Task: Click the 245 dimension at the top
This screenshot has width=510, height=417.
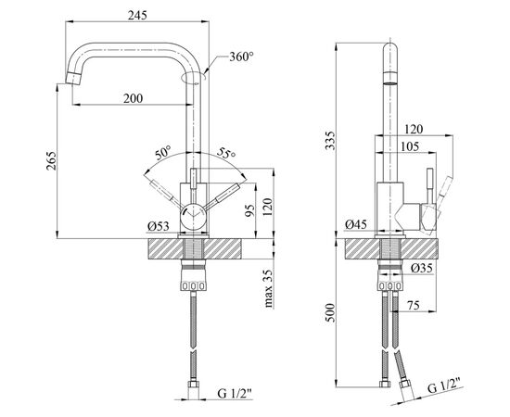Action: click(x=137, y=15)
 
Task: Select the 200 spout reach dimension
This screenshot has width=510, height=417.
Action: click(x=133, y=98)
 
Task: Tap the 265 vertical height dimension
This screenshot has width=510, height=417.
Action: click(x=51, y=160)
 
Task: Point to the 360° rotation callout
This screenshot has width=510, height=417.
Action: click(x=241, y=57)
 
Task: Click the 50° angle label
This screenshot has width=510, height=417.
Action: click(x=163, y=152)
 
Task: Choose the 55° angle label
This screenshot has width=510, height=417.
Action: click(x=226, y=152)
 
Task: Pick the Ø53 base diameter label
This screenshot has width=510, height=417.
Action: click(x=159, y=226)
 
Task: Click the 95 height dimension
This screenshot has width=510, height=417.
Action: click(x=249, y=210)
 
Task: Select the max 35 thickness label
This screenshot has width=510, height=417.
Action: click(x=268, y=288)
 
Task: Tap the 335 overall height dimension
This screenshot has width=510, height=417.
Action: click(x=330, y=140)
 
